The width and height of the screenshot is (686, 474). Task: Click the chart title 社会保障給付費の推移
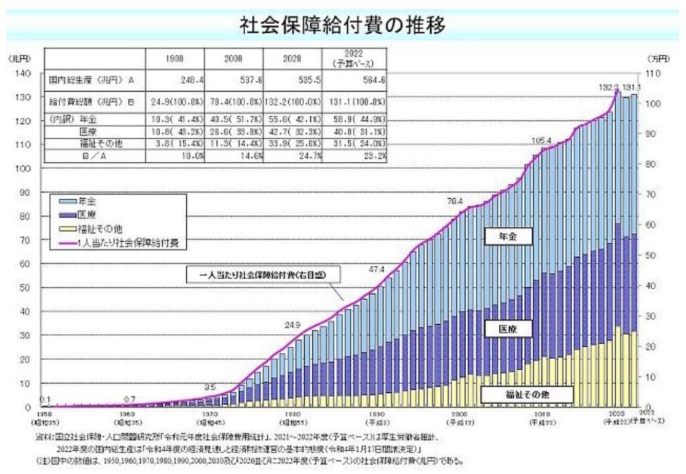coord(342,25)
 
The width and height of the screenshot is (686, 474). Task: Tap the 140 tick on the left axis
coord(23,73)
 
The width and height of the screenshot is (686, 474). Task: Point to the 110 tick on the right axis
coord(654,73)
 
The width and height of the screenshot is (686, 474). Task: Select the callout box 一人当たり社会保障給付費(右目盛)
coord(262,275)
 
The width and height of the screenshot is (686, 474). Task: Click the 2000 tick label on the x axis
coord(459,415)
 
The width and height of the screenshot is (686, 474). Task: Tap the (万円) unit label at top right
coord(660,59)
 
